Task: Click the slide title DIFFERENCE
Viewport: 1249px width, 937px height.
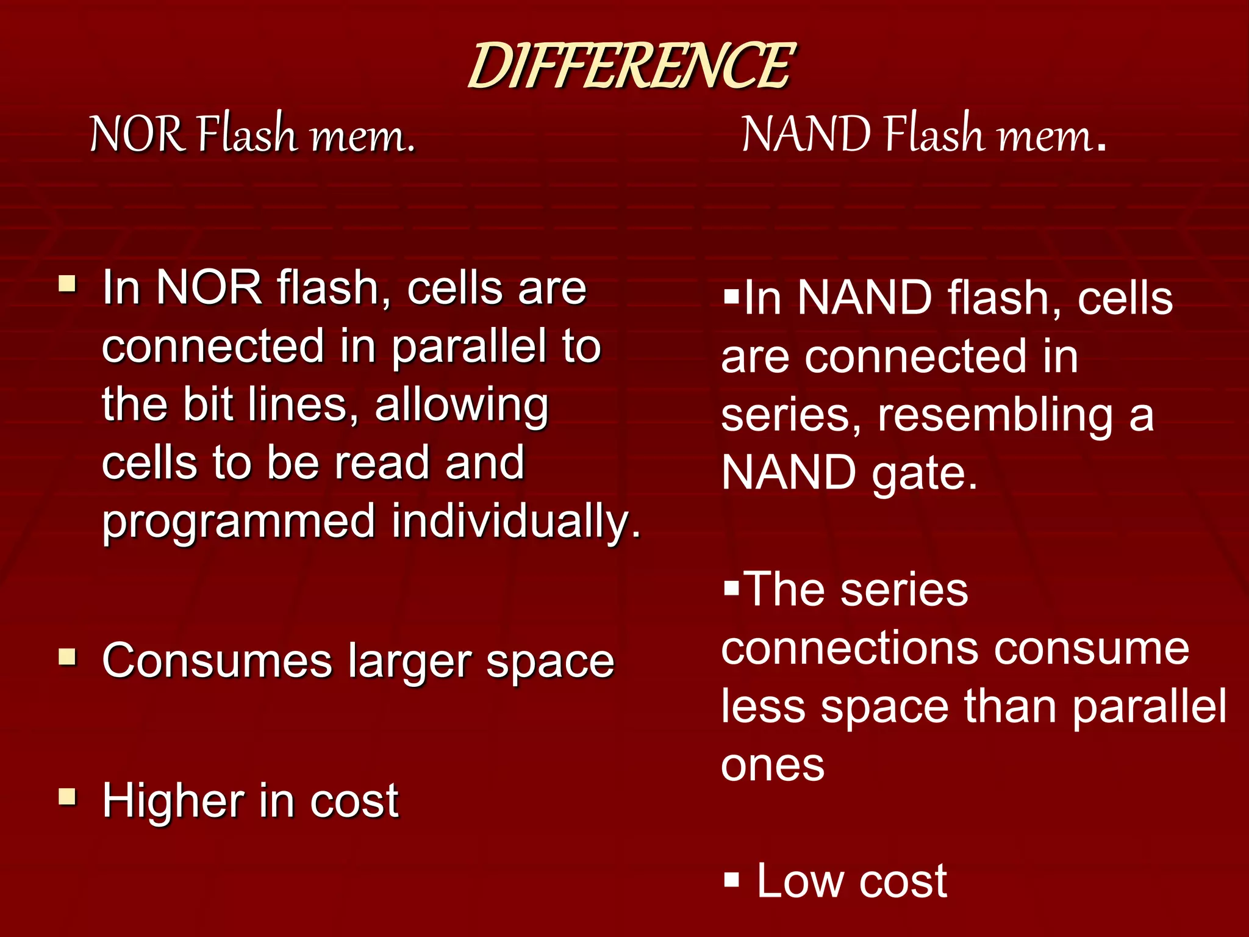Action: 631,66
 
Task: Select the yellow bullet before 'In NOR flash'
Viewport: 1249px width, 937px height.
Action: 68,284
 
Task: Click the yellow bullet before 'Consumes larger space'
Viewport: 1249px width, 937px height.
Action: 68,657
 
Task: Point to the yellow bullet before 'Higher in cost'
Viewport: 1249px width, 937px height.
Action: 68,797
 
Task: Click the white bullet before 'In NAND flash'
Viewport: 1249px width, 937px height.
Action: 731,297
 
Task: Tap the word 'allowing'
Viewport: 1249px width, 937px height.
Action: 462,406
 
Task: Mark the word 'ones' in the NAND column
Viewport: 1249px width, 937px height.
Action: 772,765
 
